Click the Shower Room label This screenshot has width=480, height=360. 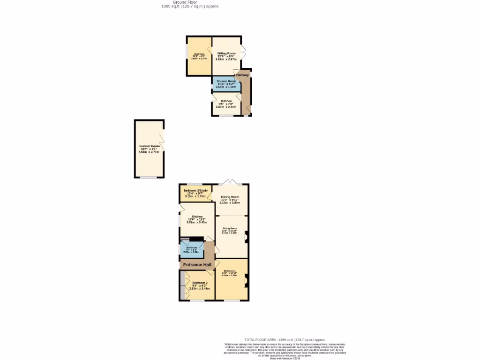[226, 81]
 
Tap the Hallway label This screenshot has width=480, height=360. [242, 75]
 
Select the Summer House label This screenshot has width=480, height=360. [149, 146]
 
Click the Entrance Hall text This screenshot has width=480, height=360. [197, 265]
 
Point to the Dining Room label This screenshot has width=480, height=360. [230, 197]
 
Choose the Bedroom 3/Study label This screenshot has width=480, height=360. [195, 190]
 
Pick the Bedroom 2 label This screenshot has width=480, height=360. [200, 283]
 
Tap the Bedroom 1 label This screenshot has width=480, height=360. [230, 271]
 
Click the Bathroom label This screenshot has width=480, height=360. [191, 247]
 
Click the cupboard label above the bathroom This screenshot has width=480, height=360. [186, 239]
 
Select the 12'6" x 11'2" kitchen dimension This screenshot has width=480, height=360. [197, 219]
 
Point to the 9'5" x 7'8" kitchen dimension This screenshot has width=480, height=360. [226, 104]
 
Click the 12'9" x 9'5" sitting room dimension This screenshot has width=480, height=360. [226, 57]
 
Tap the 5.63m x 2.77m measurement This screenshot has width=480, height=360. [149, 152]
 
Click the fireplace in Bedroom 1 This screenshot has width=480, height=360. [246, 281]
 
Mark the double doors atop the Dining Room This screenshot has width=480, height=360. [230, 182]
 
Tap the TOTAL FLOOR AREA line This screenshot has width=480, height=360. [285, 340]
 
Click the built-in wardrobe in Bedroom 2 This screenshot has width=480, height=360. [182, 285]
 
